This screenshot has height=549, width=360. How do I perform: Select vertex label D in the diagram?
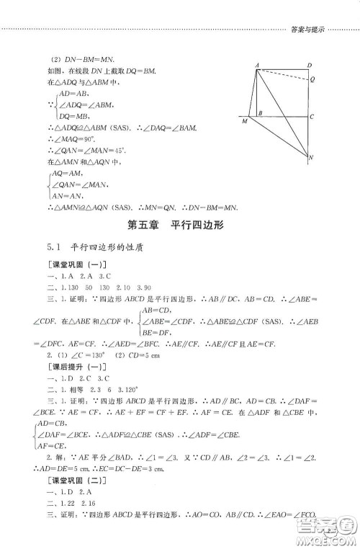[309, 66]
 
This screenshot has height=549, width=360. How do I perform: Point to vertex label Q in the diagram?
[311, 81]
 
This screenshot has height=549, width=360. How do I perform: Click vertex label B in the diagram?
[259, 112]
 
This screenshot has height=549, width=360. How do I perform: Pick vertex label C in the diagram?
[310, 115]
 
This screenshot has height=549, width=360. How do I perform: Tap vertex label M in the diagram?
[245, 122]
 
